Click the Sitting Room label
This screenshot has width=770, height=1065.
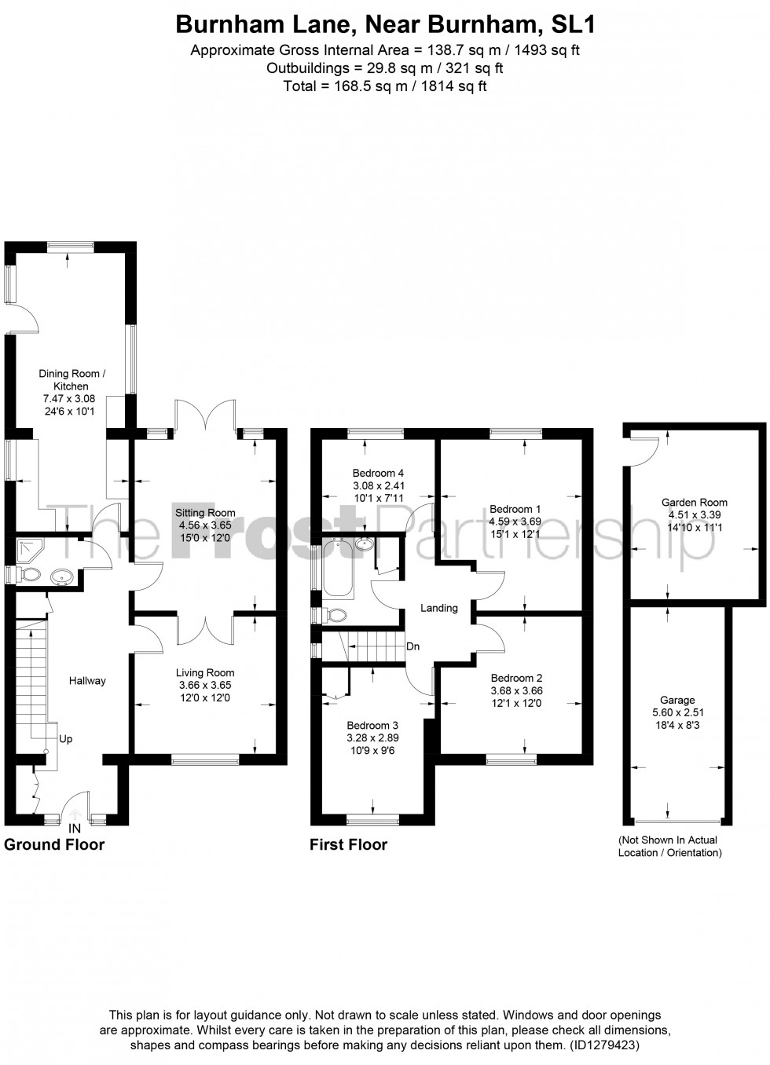tap(205, 513)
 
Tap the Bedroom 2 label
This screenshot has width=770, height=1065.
tap(516, 678)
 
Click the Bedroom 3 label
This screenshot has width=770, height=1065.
tap(373, 725)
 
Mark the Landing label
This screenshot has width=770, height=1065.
tap(438, 608)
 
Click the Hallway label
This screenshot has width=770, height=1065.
tap(86, 681)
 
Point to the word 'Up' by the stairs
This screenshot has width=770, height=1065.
tap(66, 740)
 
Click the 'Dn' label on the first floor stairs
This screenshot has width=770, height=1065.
tap(412, 647)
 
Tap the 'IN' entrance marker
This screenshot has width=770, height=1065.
tap(75, 829)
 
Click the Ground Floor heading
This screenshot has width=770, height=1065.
tap(54, 845)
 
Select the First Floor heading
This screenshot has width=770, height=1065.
tap(349, 845)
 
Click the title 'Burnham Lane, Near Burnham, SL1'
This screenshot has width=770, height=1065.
tap(385, 25)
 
